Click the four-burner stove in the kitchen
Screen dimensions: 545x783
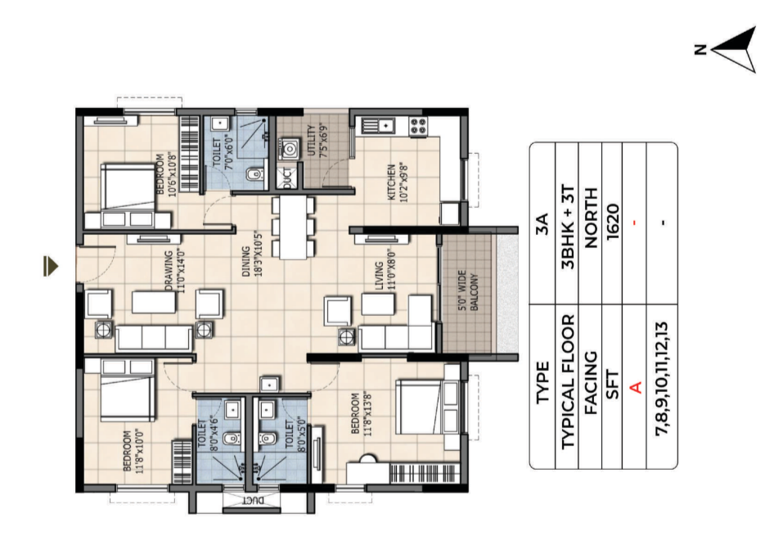coord(418,126)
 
